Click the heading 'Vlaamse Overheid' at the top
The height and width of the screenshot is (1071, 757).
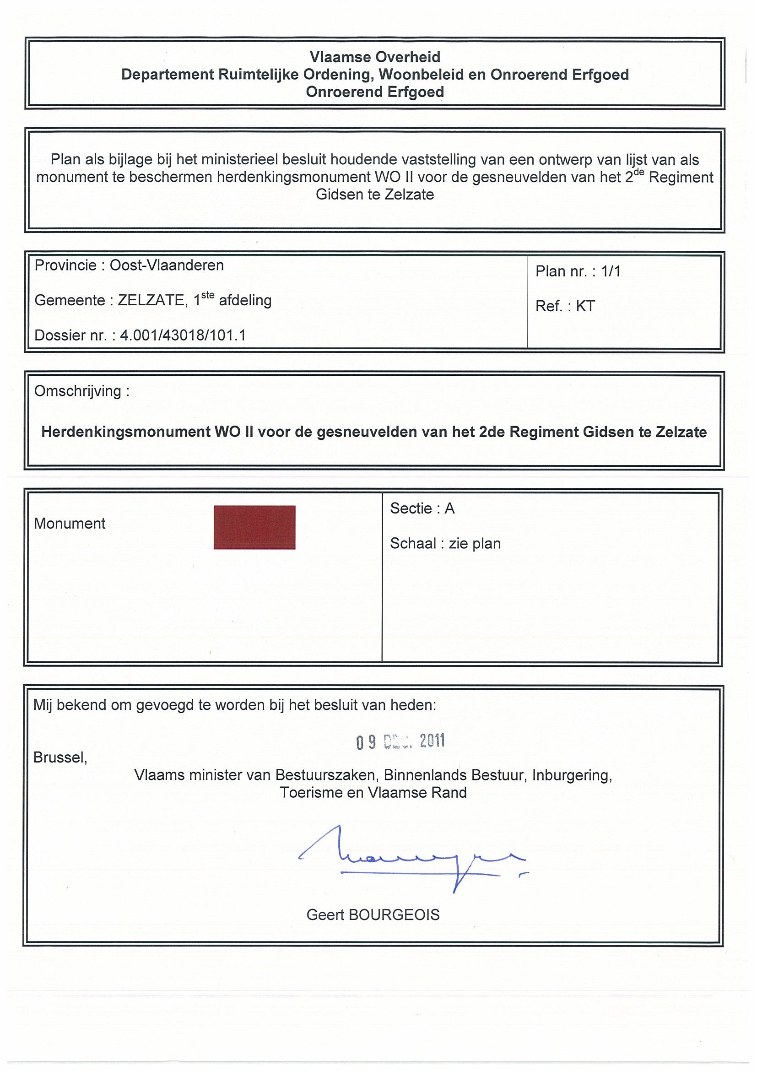tap(374, 57)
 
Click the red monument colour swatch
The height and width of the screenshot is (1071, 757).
tap(254, 527)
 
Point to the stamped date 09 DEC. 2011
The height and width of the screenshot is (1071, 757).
tap(400, 741)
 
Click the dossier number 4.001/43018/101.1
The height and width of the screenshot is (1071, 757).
tap(183, 335)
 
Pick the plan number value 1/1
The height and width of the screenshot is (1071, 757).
tap(611, 271)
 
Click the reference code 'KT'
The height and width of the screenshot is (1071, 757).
tap(585, 306)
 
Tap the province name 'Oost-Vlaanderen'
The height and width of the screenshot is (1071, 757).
tap(167, 265)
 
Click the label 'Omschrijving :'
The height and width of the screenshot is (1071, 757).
tap(81, 391)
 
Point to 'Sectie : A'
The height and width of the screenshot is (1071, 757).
tap(422, 508)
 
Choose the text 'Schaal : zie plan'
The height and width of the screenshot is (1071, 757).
tap(445, 543)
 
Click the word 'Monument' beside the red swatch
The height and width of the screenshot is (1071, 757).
tap(70, 524)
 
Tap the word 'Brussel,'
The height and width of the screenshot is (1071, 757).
tap(60, 757)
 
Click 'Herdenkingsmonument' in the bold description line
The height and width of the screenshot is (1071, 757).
tap(126, 432)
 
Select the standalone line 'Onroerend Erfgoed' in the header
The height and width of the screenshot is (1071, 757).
tap(374, 92)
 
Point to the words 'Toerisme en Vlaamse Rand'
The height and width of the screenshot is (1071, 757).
tap(373, 793)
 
